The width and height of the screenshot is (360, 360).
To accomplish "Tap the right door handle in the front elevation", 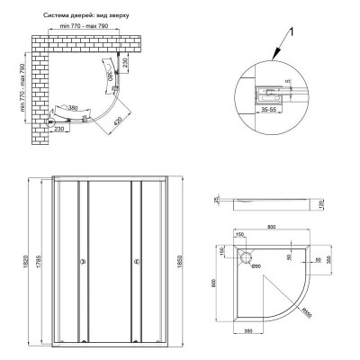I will (x=136, y=263).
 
